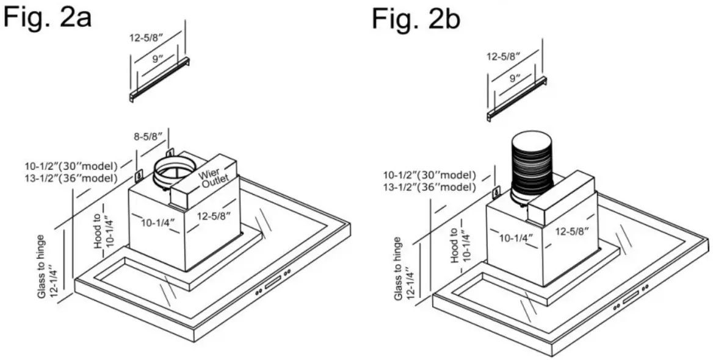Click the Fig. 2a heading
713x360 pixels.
coord(48,17)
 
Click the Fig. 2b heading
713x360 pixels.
coord(416,19)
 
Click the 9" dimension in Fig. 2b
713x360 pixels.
coord(514,78)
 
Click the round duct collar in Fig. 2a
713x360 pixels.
coord(173,173)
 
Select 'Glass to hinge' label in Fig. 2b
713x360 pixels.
coord(398,268)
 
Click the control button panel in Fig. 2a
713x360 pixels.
coord(272,284)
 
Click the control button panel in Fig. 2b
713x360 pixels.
coord(629,300)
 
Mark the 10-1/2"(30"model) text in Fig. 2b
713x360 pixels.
coord(429,175)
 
